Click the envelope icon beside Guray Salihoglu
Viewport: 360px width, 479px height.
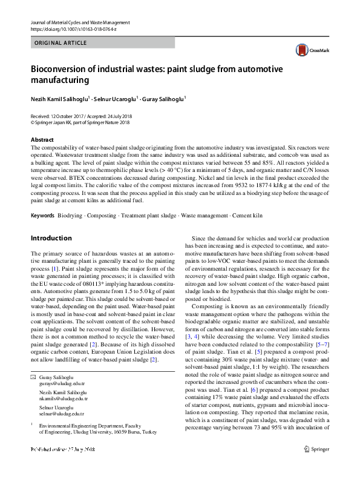pos(33,377)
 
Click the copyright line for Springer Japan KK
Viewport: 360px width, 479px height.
pos(80,122)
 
